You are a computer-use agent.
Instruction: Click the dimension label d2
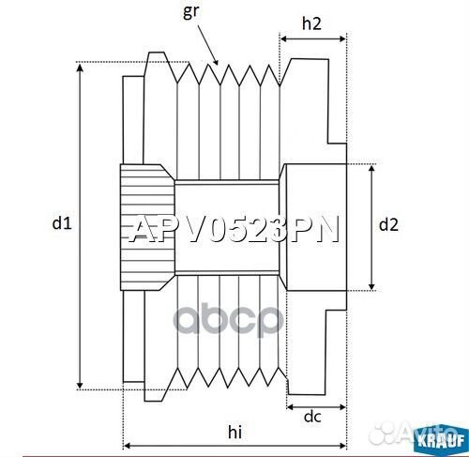coord(388,224)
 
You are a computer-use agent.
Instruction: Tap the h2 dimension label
coord(313,25)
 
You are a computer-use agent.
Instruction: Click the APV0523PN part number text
coord(234,230)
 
